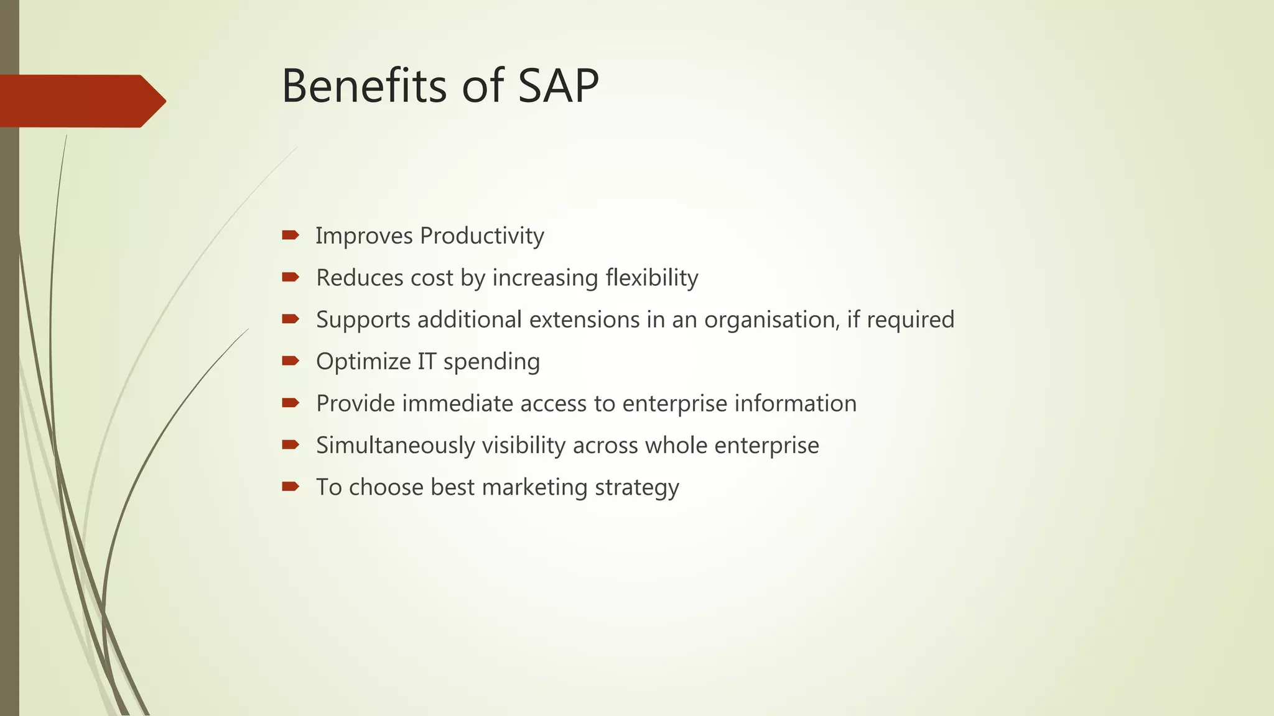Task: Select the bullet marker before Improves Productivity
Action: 291,235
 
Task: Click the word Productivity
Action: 481,236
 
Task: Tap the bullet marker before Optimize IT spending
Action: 291,360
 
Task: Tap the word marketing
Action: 534,487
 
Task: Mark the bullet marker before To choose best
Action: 291,486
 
